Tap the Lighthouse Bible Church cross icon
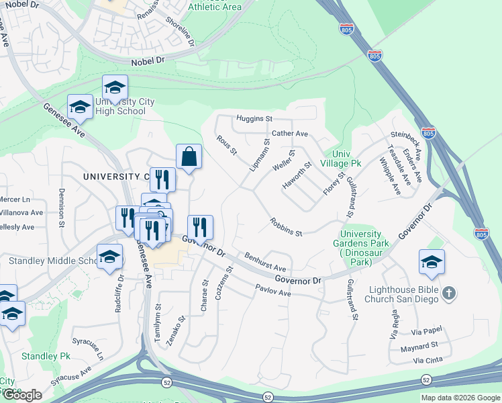pos(450,293)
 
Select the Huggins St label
pos(254,118)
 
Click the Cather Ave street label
pos(289,134)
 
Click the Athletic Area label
pos(214,7)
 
